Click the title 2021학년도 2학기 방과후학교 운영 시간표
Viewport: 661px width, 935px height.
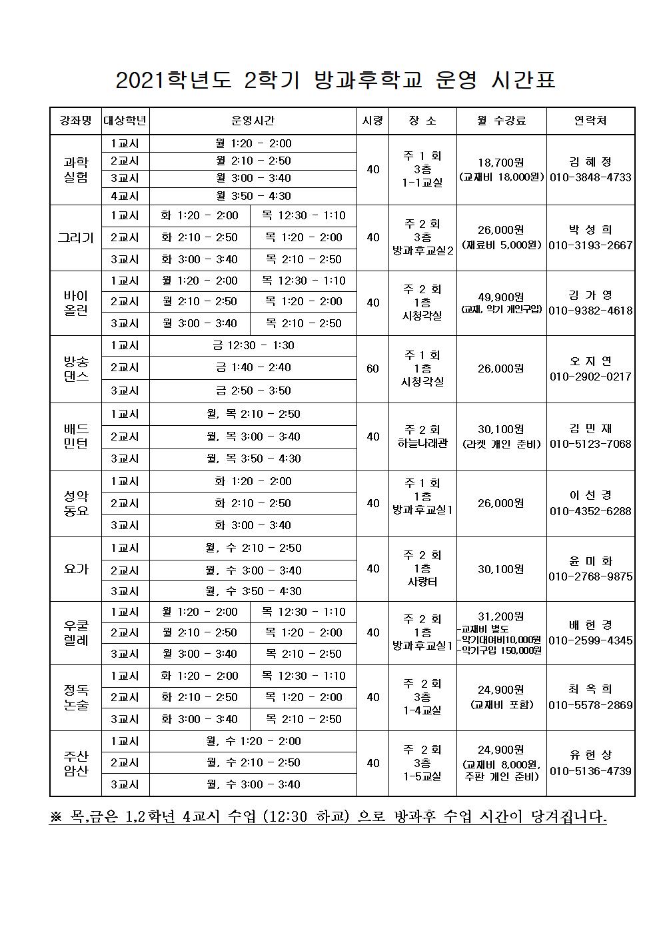(335, 80)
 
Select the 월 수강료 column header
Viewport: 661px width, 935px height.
(501, 121)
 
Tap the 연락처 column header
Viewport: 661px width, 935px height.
(590, 121)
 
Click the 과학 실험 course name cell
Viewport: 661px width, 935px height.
(75, 169)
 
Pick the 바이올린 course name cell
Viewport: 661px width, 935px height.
(75, 303)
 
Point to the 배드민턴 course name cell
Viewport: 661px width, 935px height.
(75, 436)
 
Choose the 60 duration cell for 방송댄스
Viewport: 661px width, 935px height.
(372, 369)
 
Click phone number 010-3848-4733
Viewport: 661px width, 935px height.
(590, 178)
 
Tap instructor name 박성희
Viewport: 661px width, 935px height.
(590, 230)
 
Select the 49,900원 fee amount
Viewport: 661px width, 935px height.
(501, 297)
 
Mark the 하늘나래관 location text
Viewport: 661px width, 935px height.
(422, 443)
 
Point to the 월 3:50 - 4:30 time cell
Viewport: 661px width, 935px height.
(253, 196)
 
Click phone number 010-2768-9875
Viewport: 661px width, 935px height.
(590, 576)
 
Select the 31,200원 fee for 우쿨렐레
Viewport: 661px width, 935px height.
(501, 616)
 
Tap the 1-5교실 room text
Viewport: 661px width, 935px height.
(422, 776)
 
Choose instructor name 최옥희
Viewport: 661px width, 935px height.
(590, 689)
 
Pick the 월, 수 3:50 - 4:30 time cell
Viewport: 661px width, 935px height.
(253, 591)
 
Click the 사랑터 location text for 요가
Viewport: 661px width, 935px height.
(422, 582)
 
